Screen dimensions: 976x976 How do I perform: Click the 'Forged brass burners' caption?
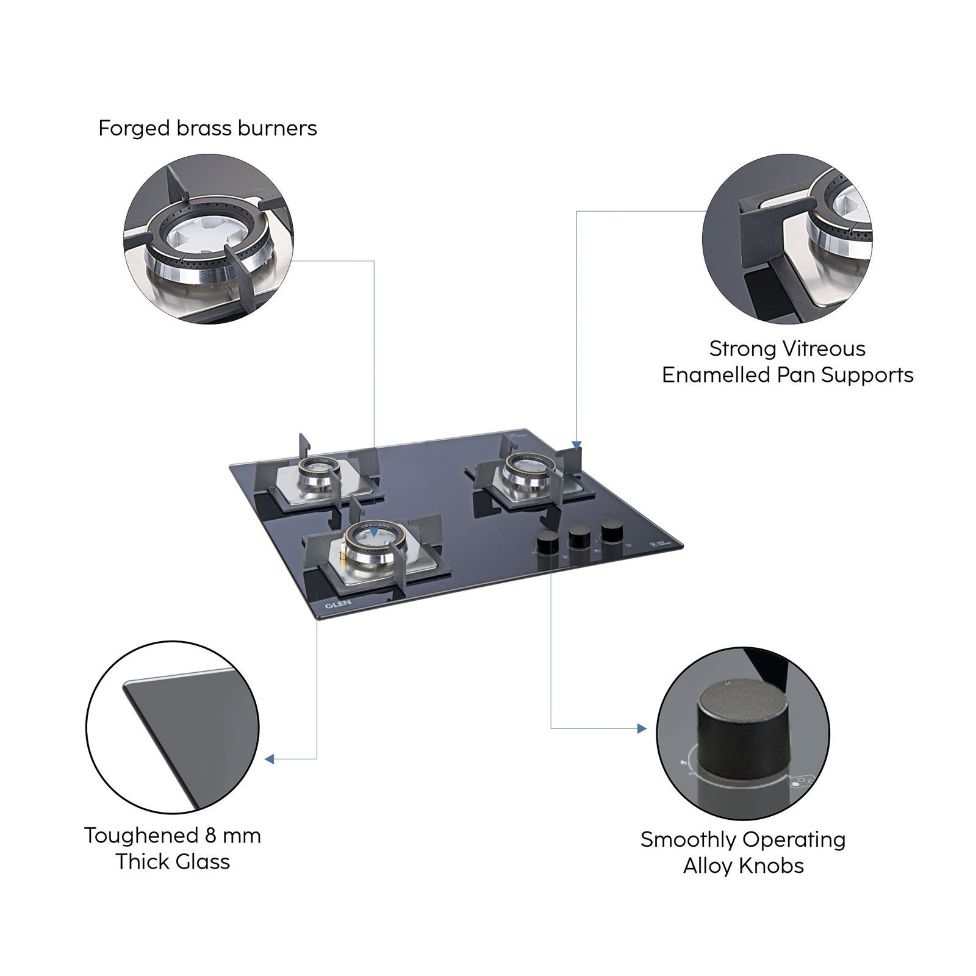click(207, 129)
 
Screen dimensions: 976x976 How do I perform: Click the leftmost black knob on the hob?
click(547, 542)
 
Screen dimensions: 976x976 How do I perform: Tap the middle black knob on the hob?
click(579, 536)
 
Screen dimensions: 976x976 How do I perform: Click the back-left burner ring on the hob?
click(316, 468)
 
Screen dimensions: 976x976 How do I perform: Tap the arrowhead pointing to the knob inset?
click(641, 728)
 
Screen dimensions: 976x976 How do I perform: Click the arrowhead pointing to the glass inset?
click(270, 759)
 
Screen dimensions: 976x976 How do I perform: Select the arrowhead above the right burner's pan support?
click(577, 445)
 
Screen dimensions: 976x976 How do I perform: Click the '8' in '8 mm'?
click(212, 835)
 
